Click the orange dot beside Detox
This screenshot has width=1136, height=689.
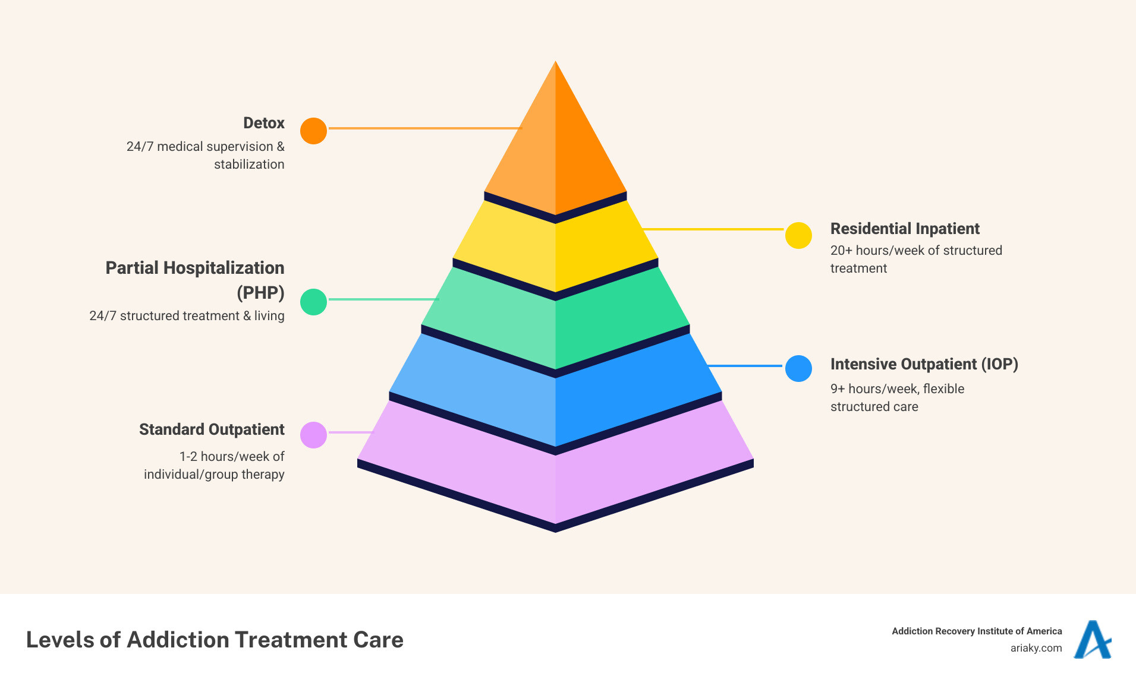[313, 131]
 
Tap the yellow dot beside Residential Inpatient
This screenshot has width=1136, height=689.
[798, 236]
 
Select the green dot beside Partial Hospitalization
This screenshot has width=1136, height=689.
[313, 302]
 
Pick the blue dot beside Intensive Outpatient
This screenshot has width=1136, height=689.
[798, 368]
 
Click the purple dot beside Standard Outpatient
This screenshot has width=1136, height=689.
[313, 435]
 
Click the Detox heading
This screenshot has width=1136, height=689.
[263, 123]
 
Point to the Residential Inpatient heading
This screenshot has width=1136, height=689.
[904, 229]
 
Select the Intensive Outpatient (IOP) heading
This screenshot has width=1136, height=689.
[924, 364]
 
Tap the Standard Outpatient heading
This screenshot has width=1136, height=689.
[212, 429]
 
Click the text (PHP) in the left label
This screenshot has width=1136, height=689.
[260, 293]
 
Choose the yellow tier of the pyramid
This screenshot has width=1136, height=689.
[555, 249]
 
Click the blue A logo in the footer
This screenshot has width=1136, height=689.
[1092, 640]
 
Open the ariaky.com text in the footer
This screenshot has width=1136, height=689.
[1036, 648]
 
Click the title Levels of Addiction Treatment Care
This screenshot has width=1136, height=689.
[215, 640]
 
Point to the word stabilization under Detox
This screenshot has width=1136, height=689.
[249, 165]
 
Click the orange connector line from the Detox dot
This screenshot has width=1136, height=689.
[425, 128]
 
